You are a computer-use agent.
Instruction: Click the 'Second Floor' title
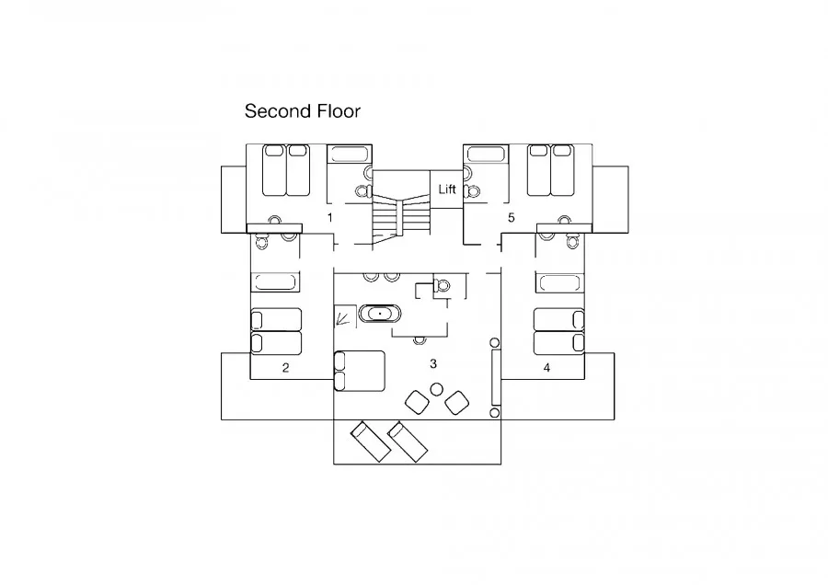click(x=302, y=111)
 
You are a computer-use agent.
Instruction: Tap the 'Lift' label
click(x=447, y=189)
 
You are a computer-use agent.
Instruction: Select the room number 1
click(x=330, y=217)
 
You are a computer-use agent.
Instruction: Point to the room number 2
click(x=286, y=368)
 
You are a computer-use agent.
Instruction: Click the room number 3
click(x=433, y=363)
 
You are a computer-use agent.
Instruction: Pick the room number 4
click(x=546, y=368)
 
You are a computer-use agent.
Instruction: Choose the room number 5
click(x=511, y=217)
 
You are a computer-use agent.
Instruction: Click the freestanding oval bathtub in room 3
click(x=380, y=315)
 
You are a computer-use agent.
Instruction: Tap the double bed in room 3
click(x=360, y=372)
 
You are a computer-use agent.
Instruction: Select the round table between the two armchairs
click(x=436, y=390)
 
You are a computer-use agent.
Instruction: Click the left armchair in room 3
click(x=417, y=402)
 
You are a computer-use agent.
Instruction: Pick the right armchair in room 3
click(x=456, y=403)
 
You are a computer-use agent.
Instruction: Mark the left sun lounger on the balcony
click(x=372, y=442)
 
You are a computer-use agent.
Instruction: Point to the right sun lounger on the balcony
click(x=408, y=442)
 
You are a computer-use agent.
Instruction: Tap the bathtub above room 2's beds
click(x=275, y=282)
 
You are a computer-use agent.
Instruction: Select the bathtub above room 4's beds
click(x=559, y=282)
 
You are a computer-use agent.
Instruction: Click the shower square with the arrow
click(x=344, y=316)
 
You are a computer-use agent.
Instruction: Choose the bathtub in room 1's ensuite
click(x=348, y=155)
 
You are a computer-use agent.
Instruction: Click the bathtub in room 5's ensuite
click(x=486, y=155)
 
